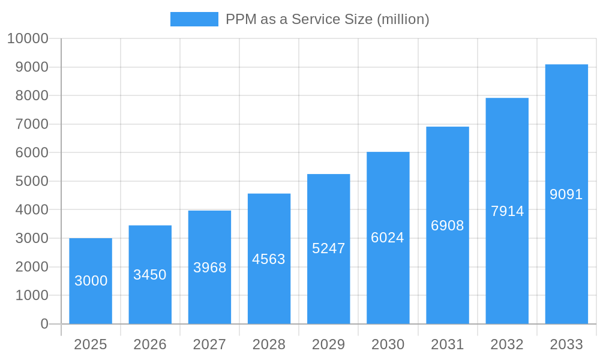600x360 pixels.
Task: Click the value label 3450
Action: coord(150,275)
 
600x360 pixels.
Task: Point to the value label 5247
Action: coord(328,248)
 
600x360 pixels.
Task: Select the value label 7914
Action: coord(507,211)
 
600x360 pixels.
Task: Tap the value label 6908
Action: coord(448,226)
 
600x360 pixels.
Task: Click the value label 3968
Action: coord(209,268)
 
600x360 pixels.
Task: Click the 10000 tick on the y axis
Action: coord(28,39)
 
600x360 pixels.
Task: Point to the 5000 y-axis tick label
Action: coord(32,181)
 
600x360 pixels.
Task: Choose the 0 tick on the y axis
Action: coord(44,324)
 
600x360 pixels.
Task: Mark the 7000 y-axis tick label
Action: coord(32,124)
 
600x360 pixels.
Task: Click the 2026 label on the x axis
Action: coord(150,344)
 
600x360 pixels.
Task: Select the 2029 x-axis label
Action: coord(328,344)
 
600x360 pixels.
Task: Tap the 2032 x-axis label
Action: coord(507,344)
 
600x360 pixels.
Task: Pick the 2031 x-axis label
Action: coord(448,344)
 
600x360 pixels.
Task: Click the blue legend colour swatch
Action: coord(194,19)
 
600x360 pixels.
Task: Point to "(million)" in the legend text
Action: coord(403,19)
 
